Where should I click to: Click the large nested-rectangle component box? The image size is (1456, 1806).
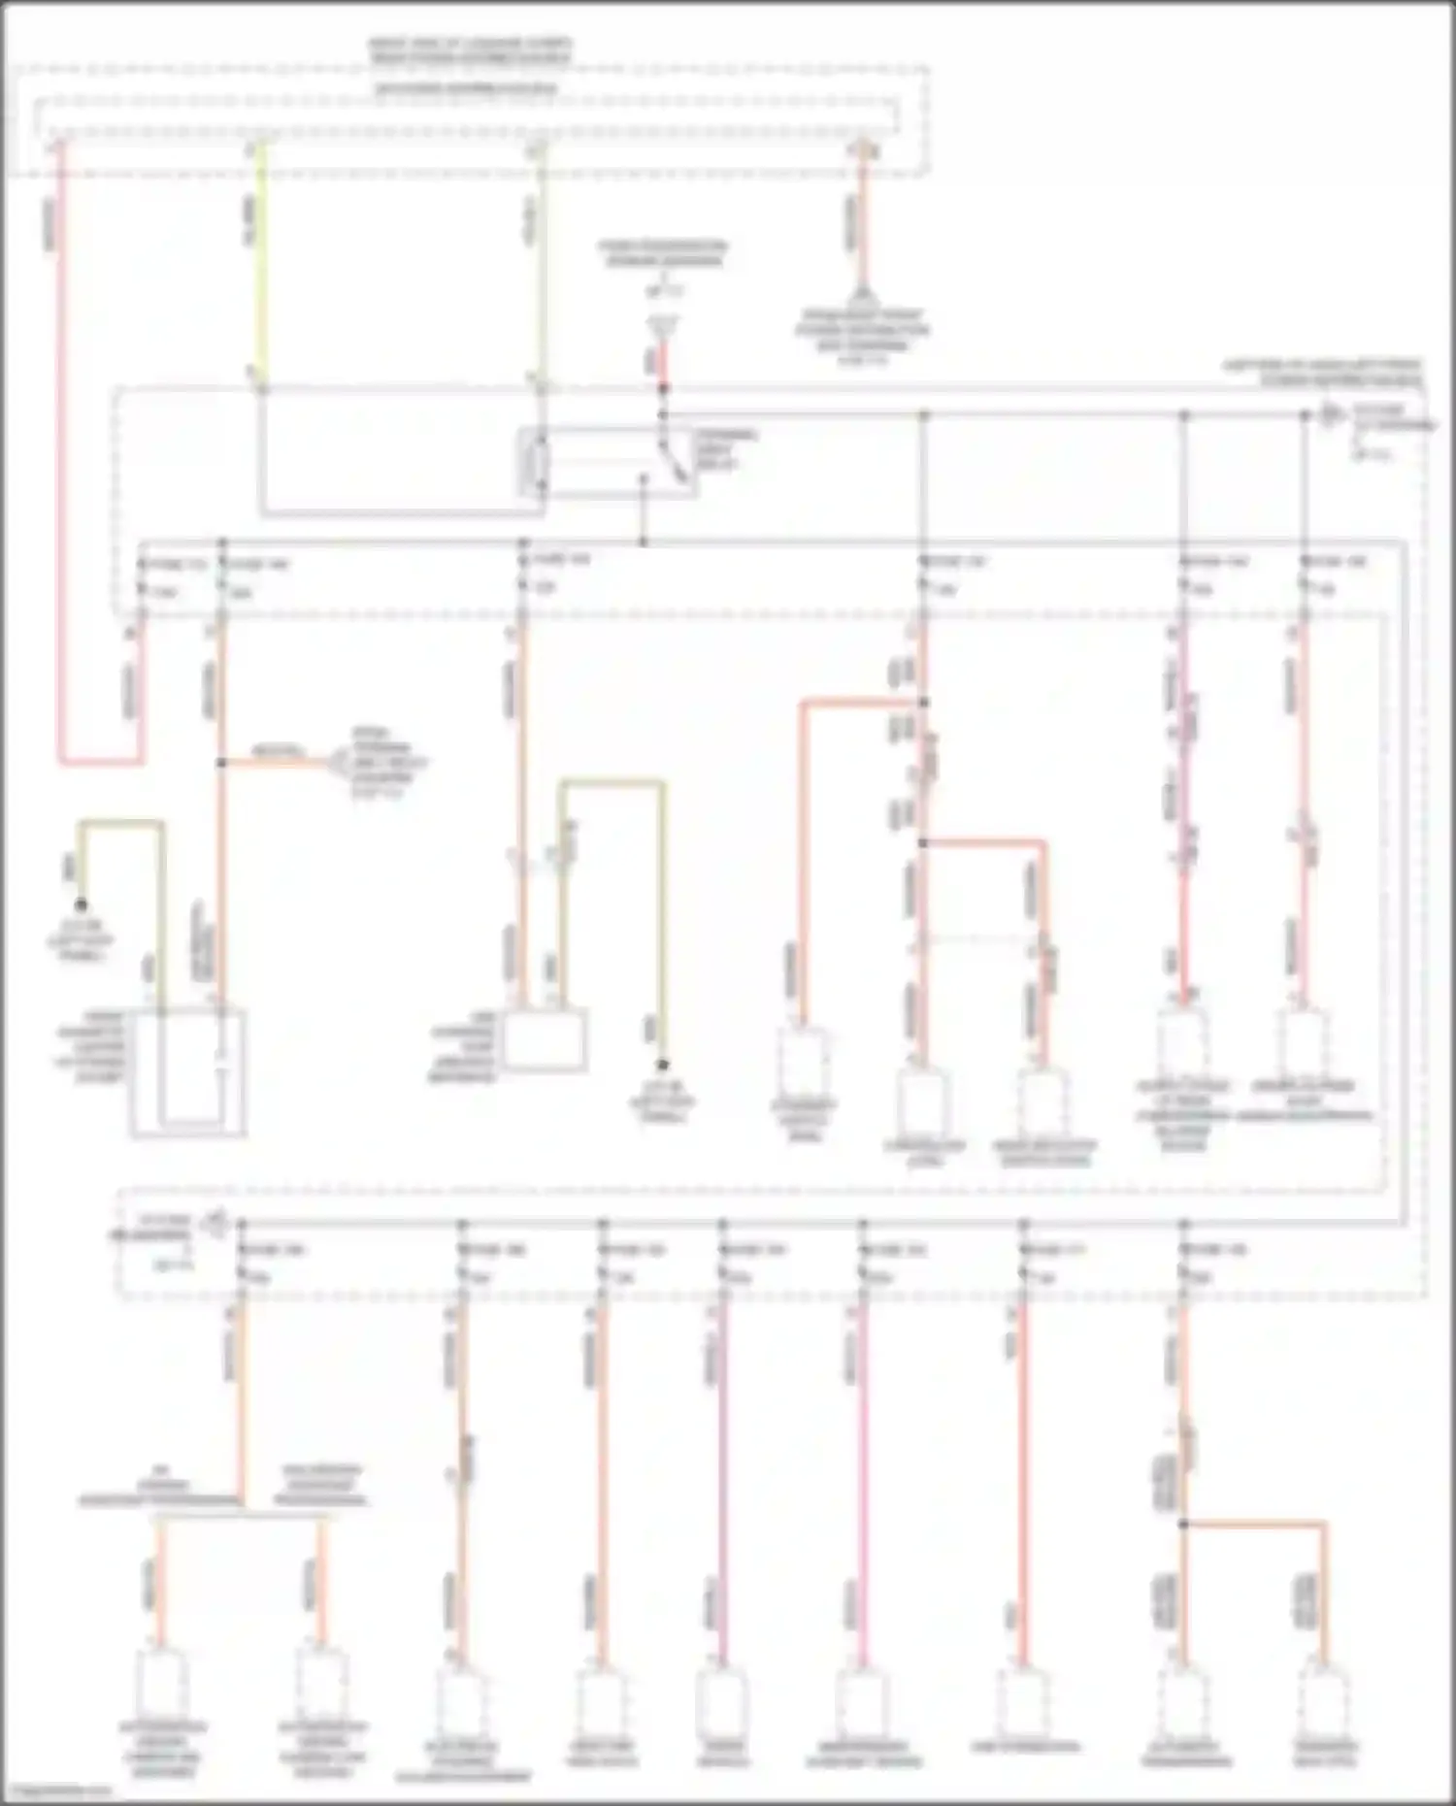(188, 1071)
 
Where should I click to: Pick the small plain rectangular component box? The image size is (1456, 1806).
(545, 1040)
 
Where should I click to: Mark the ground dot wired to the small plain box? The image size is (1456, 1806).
(663, 1066)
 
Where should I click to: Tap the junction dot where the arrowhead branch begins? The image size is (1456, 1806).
(221, 764)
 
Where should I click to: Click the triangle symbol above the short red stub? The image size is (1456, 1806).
(664, 328)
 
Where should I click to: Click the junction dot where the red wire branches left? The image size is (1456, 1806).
(923, 703)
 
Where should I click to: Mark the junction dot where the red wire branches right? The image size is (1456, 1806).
(923, 843)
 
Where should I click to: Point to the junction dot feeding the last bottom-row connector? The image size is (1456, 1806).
(1183, 1525)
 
